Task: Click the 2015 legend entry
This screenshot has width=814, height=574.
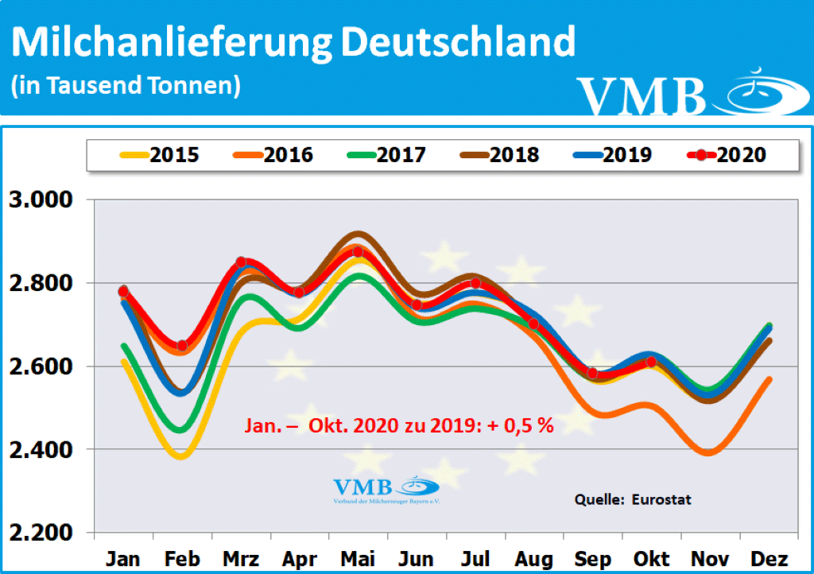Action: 159,154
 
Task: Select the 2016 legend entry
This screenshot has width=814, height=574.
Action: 273,154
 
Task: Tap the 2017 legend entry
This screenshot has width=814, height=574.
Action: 387,154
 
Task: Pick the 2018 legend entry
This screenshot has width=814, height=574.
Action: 500,154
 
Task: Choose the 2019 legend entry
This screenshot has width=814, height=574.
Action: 613,154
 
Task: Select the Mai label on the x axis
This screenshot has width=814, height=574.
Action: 358,558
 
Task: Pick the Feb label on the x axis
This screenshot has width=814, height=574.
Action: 181,558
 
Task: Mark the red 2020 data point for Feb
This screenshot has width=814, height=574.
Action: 182,346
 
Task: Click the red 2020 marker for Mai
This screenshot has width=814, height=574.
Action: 358,252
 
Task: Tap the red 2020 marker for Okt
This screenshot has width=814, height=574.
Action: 651,362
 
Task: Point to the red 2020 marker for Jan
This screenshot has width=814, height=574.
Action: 123,292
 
